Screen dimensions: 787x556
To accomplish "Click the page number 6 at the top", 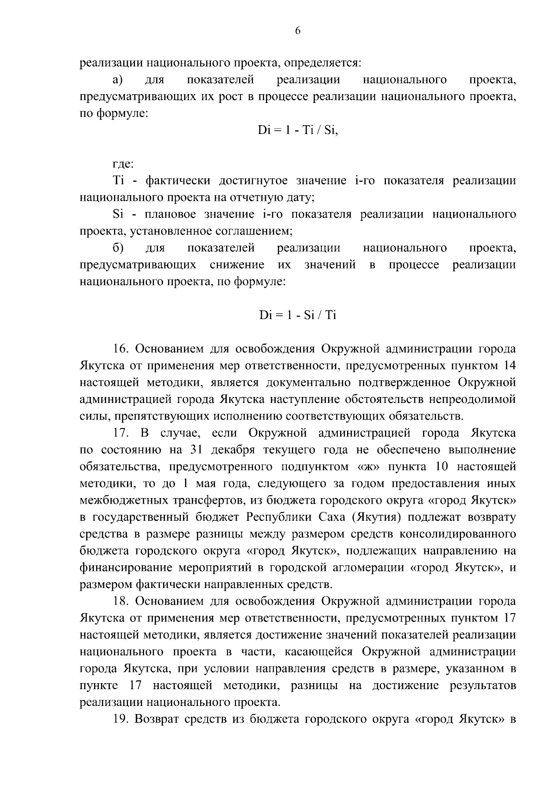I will pyautogui.click(x=297, y=31).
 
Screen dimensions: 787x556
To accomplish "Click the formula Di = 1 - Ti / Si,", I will pyautogui.click(x=298, y=130).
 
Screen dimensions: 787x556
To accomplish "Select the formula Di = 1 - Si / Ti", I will pyautogui.click(x=297, y=315).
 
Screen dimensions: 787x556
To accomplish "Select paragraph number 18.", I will pyautogui.click(x=123, y=601).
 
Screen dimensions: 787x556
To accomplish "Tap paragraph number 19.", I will pyautogui.click(x=123, y=719).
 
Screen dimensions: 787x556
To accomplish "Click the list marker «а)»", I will pyautogui.click(x=118, y=80).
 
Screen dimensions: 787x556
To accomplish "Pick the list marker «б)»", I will pyautogui.click(x=118, y=248).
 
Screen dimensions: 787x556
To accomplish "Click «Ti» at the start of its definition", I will pyautogui.click(x=116, y=181).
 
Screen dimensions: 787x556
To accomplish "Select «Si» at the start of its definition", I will pyautogui.click(x=116, y=214).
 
